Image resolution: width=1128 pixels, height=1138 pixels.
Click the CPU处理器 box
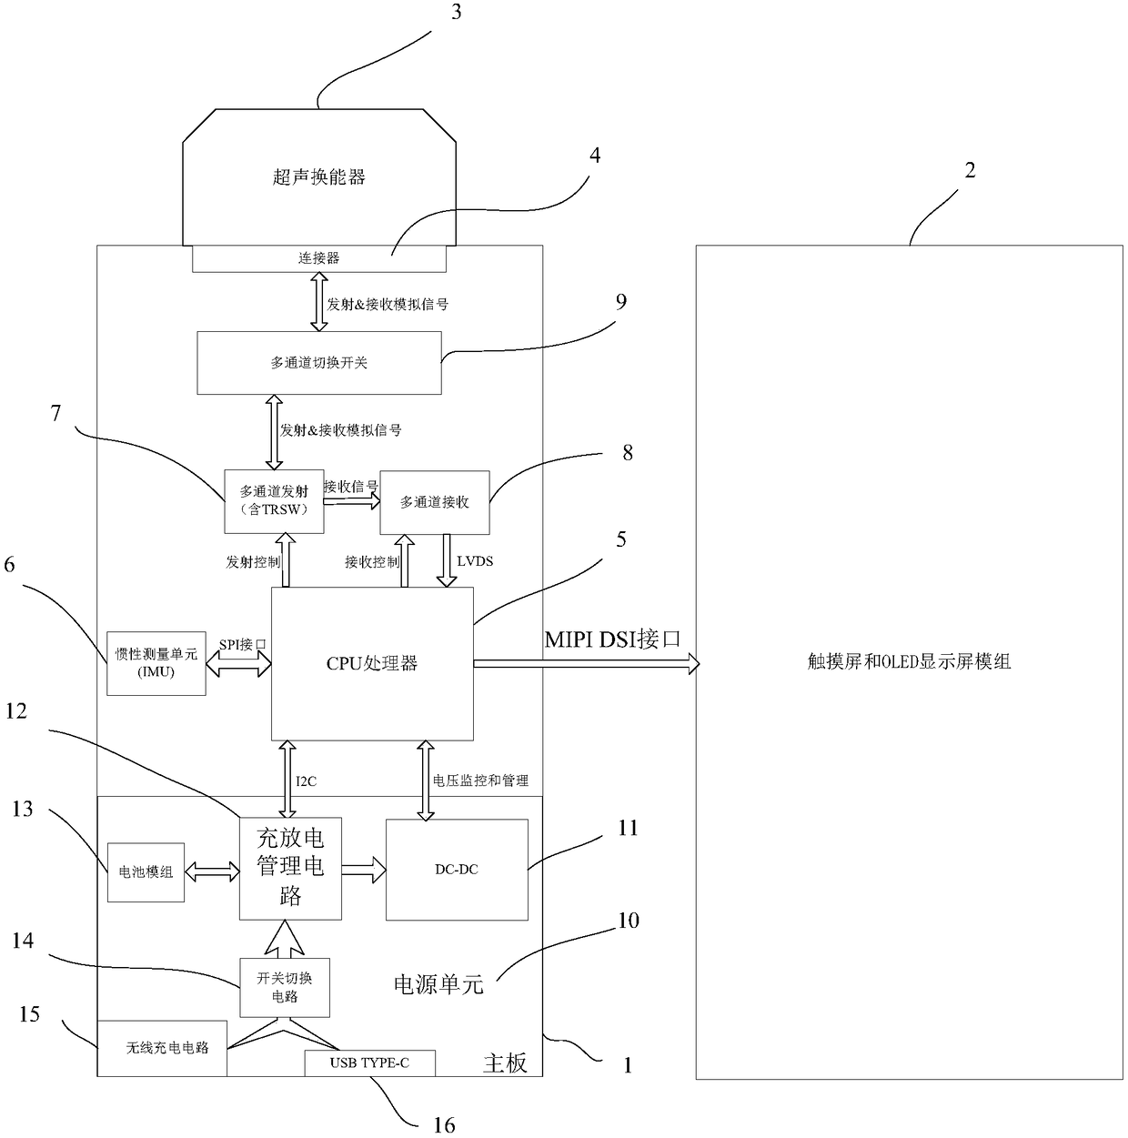coord(372,663)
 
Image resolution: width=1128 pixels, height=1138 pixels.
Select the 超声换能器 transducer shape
coord(319,176)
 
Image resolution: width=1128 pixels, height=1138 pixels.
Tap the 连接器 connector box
coord(319,258)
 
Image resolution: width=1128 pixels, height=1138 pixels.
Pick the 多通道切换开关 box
coord(319,363)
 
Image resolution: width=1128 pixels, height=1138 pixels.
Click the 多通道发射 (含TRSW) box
coord(274,501)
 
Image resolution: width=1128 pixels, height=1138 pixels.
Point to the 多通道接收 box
coord(435,502)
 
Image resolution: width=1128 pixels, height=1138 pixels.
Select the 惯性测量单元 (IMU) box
coord(156,663)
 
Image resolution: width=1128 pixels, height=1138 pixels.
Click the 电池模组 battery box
coord(146,871)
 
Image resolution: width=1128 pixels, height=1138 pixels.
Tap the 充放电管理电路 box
coord(290,868)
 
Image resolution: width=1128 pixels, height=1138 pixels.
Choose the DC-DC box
coord(457,870)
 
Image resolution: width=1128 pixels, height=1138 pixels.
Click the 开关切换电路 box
coord(285,987)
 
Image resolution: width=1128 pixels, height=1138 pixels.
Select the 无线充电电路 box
coord(163,1048)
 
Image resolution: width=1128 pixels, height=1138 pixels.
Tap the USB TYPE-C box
coord(369,1062)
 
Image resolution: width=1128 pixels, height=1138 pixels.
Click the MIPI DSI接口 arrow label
coord(612,639)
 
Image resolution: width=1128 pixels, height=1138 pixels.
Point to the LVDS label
coord(475,561)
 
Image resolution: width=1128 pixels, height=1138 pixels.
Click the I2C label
coord(307,781)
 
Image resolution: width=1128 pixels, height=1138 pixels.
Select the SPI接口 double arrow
coord(238,665)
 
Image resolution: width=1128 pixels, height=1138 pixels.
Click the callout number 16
coord(444,1125)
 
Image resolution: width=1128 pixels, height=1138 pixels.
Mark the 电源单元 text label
coord(438,983)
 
